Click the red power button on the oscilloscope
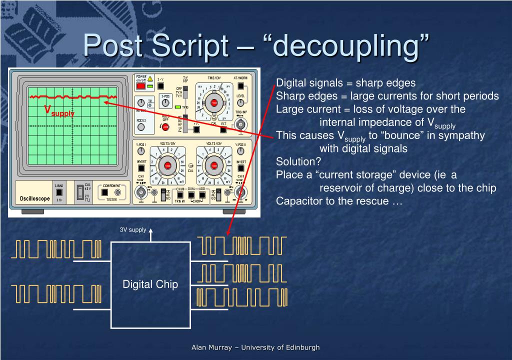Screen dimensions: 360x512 141,86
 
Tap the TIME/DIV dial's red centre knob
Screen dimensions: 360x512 214,103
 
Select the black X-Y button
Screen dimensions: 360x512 160,86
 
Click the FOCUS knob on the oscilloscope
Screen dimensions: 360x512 141,126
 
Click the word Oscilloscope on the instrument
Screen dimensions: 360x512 35,198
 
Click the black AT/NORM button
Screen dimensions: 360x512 240,85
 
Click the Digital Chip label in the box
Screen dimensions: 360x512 150,284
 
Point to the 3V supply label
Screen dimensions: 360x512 132,230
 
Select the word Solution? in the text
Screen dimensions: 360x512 299,161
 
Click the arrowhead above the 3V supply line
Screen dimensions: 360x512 150,230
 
